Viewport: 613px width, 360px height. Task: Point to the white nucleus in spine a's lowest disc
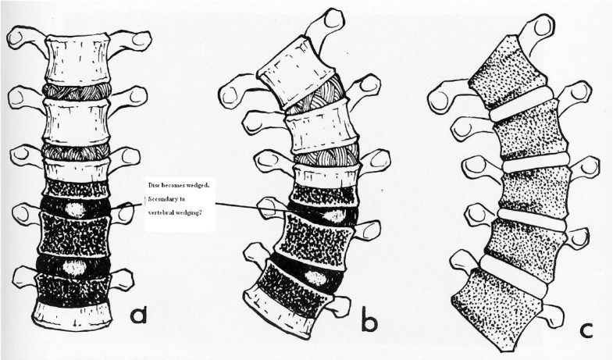click(x=76, y=268)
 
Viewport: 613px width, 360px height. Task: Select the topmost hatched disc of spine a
click(x=77, y=91)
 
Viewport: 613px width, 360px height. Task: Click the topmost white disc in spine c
click(x=519, y=109)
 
